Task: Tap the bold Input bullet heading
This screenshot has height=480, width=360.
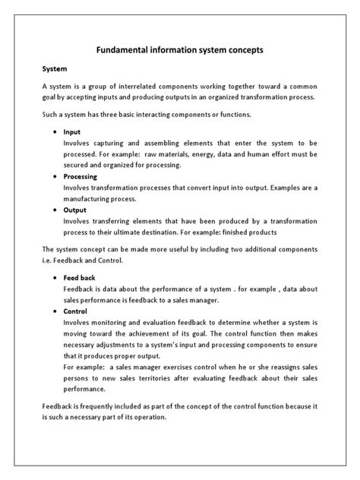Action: pyautogui.click(x=73, y=131)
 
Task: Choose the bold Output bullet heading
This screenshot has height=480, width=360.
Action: pyautogui.click(x=76, y=210)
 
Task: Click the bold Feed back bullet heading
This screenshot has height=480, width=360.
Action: pyautogui.click(x=79, y=279)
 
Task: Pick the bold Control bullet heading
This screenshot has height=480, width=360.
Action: pyautogui.click(x=76, y=312)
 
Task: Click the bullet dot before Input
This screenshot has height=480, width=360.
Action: pyautogui.click(x=57, y=132)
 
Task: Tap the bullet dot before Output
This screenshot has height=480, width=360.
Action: pyautogui.click(x=57, y=211)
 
